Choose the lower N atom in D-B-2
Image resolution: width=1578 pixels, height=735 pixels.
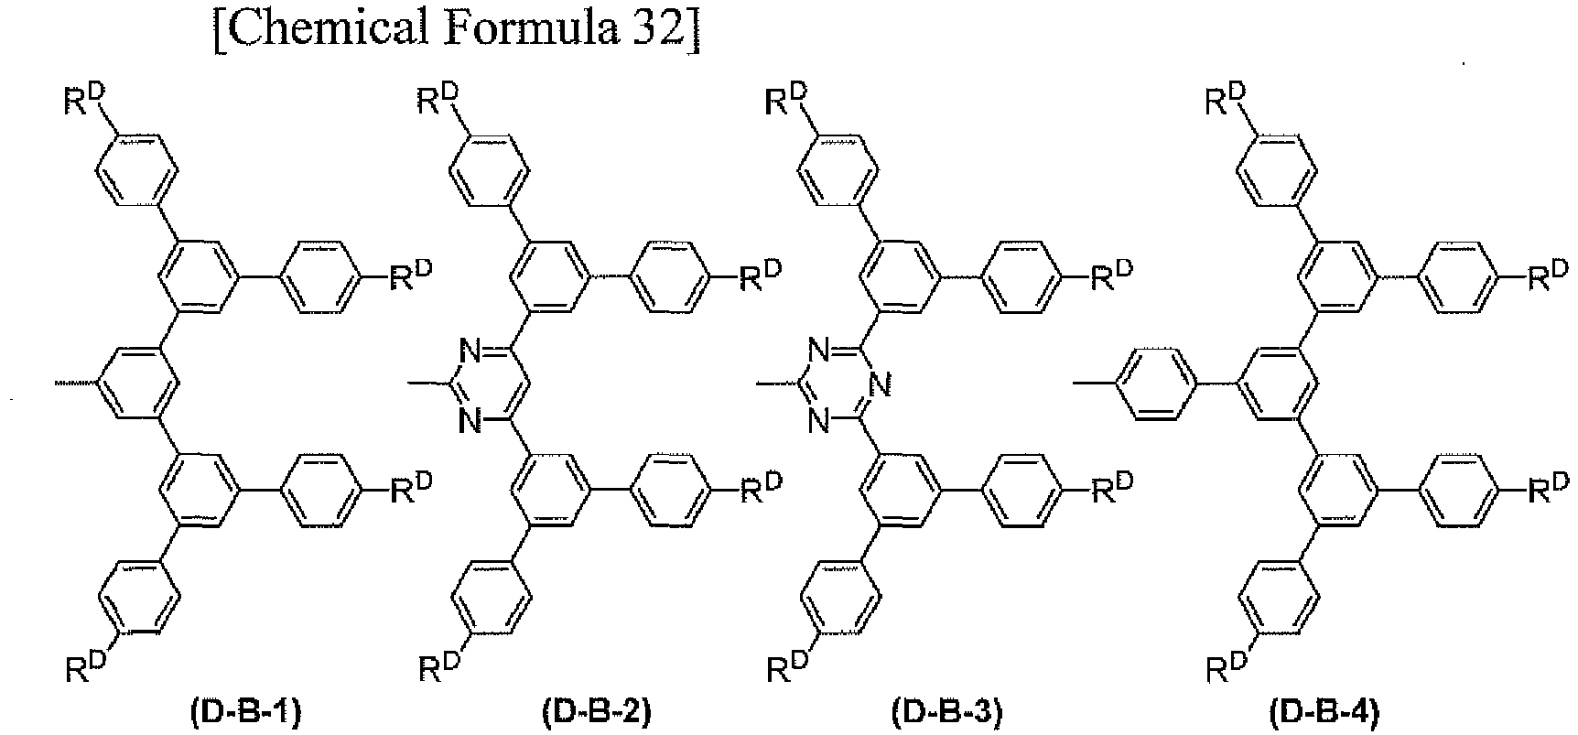[469, 421]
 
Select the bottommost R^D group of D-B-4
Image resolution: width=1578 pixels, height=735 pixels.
[1226, 666]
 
